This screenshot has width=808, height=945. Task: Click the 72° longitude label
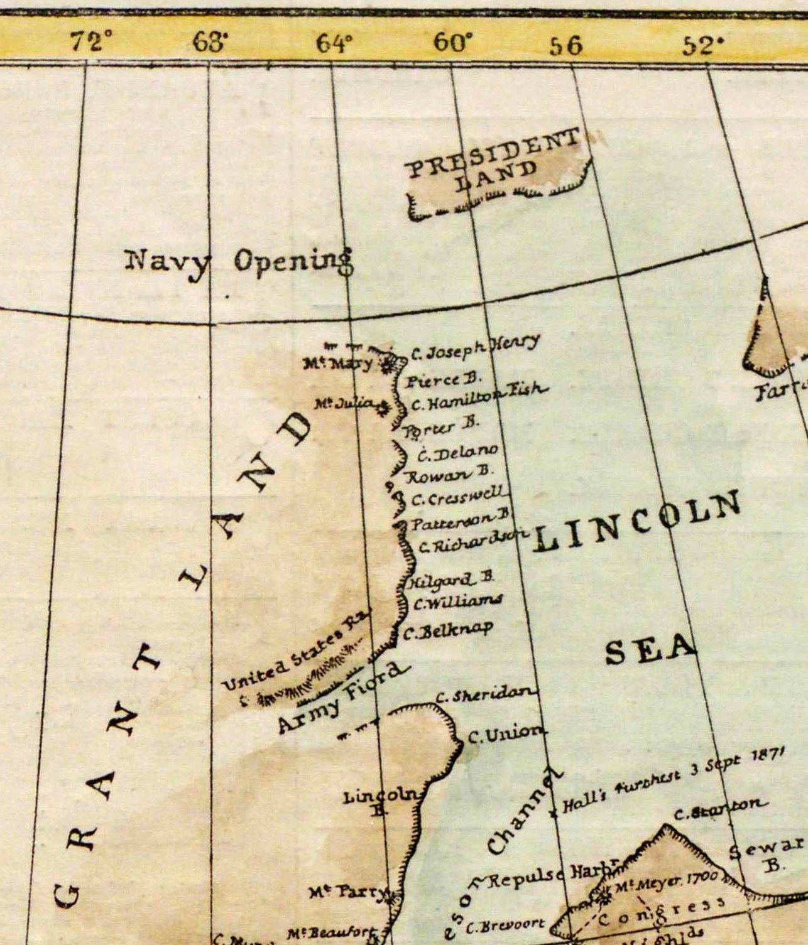click(90, 42)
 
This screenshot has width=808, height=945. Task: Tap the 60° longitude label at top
click(452, 43)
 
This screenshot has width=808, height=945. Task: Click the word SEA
click(650, 649)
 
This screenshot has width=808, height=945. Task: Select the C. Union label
click(506, 733)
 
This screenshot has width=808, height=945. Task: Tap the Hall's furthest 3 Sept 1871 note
click(672, 782)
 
